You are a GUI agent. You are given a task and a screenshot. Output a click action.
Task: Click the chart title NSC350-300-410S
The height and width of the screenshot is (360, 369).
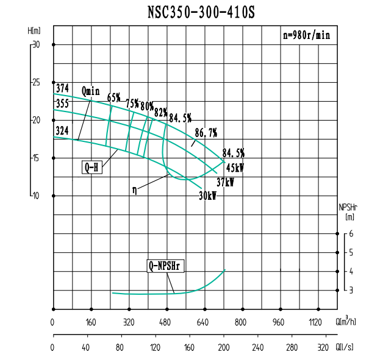click(x=201, y=12)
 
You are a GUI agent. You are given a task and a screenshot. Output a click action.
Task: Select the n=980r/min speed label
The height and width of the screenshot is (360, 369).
click(x=306, y=35)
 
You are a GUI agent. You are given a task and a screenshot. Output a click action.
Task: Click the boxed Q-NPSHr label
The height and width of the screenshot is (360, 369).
click(x=166, y=266)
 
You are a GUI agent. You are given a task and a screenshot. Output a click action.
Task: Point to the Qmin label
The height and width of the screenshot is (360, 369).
click(x=90, y=91)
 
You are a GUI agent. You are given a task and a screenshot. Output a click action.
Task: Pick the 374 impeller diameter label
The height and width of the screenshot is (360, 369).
click(x=62, y=88)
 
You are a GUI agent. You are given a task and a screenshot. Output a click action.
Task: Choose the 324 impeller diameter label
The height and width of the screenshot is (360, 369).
click(x=62, y=130)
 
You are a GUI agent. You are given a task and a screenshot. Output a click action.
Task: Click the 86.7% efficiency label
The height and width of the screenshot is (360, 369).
click(x=206, y=133)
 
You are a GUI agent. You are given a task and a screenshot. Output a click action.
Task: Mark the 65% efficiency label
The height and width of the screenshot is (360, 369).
click(x=114, y=97)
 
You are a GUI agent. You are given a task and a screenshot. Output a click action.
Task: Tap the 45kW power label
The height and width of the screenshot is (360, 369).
click(x=235, y=168)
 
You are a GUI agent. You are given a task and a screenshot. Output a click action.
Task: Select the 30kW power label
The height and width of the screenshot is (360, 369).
click(x=208, y=196)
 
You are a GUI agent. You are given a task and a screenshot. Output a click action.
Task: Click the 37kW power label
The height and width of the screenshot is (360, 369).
click(x=225, y=182)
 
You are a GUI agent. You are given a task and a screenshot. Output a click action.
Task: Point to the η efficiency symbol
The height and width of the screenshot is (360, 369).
click(x=134, y=189)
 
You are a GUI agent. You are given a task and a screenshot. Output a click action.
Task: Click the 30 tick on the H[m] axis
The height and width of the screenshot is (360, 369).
click(x=36, y=44)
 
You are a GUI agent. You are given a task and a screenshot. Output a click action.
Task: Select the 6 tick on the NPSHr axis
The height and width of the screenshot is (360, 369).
click(x=351, y=233)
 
